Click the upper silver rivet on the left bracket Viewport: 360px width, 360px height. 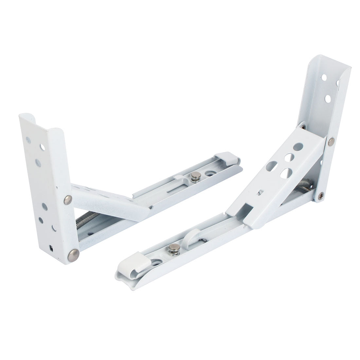[x=68, y=200]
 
